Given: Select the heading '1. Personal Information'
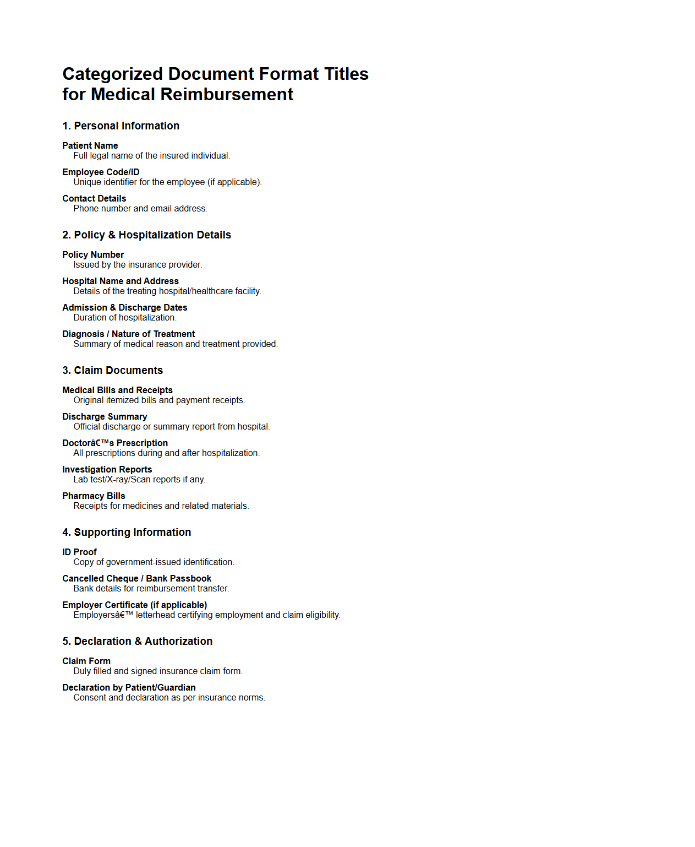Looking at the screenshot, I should point(121,126).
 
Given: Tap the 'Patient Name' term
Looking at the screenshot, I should point(90,146).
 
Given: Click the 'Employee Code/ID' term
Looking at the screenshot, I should point(101,172).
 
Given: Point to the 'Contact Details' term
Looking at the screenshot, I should point(94,199).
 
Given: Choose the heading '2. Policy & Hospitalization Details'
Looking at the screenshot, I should point(146,235).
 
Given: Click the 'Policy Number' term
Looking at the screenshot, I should point(93,255).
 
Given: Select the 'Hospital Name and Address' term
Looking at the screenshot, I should point(120,281).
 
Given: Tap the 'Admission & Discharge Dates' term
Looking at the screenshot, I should point(124,308).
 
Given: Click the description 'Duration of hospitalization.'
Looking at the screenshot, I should point(125,318).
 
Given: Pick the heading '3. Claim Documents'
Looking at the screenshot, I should point(112,371).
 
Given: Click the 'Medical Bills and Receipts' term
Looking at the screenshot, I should point(117,390).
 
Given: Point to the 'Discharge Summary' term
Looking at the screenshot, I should point(105,417).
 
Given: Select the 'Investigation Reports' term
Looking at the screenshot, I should point(107,470).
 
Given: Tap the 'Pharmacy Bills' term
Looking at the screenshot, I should point(94,496).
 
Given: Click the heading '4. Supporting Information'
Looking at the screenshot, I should point(127,533).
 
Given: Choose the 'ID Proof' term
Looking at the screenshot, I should point(79,552).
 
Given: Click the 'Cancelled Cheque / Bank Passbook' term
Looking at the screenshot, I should point(136,579).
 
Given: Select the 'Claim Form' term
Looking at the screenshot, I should point(86,661).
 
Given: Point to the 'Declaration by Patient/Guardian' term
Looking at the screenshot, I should point(129,688).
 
